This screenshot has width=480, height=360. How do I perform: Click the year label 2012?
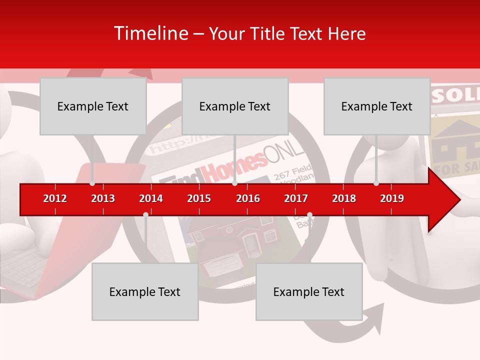[x=55, y=198]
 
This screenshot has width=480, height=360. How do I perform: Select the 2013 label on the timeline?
[x=103, y=198]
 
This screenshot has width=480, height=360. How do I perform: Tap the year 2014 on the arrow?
[x=151, y=198]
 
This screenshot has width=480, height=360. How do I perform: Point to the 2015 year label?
[x=199, y=198]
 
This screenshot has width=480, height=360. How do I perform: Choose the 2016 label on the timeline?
[x=248, y=198]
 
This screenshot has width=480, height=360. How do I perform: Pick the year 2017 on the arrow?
[x=296, y=198]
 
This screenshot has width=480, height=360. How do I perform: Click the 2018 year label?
[x=344, y=198]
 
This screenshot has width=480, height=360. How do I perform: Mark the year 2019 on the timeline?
[x=392, y=198]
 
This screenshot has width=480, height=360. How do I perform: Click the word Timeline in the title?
[x=150, y=33]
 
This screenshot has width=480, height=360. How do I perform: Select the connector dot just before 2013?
[x=92, y=183]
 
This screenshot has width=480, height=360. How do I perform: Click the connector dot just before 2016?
[x=234, y=183]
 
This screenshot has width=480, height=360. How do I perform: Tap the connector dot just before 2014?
[x=145, y=214]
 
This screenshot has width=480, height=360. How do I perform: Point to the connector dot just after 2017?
[x=309, y=214]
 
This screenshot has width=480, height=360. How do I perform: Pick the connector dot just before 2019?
[x=376, y=183]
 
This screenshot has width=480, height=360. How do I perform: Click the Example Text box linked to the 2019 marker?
[x=377, y=106]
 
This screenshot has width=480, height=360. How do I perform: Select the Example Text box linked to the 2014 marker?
[x=145, y=291]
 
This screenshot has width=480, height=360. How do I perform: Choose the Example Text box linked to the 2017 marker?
[x=309, y=291]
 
